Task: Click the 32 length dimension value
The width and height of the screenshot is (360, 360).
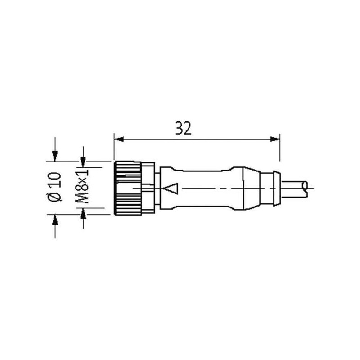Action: click(x=183, y=128)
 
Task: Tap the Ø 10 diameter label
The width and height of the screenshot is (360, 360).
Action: click(x=54, y=187)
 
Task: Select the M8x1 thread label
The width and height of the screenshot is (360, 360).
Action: click(x=82, y=186)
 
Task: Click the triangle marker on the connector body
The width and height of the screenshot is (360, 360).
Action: click(x=171, y=189)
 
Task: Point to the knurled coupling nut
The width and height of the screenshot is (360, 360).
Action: click(x=128, y=188)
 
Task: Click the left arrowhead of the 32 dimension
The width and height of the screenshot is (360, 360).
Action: click(x=119, y=139)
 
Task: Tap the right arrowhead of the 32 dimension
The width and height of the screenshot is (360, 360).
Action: click(x=275, y=139)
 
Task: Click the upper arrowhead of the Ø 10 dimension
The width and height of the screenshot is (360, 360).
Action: click(x=54, y=156)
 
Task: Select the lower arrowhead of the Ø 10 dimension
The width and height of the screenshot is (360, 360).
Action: click(x=55, y=220)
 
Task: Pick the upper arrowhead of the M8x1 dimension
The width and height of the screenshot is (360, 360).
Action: click(x=83, y=162)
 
